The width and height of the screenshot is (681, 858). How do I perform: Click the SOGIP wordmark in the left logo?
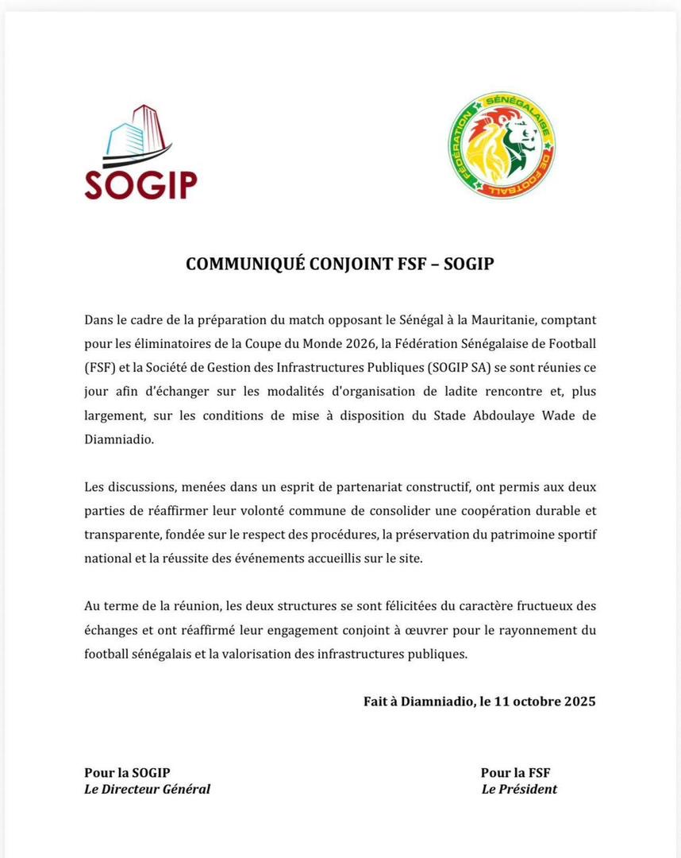click(140, 184)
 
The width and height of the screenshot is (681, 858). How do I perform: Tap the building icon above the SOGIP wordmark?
click(134, 134)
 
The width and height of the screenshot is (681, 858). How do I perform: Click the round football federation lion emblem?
click(501, 145)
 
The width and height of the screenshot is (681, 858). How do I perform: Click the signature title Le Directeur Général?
click(148, 789)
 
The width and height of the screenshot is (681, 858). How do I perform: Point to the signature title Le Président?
click(519, 789)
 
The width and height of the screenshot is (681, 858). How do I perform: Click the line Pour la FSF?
click(516, 772)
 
